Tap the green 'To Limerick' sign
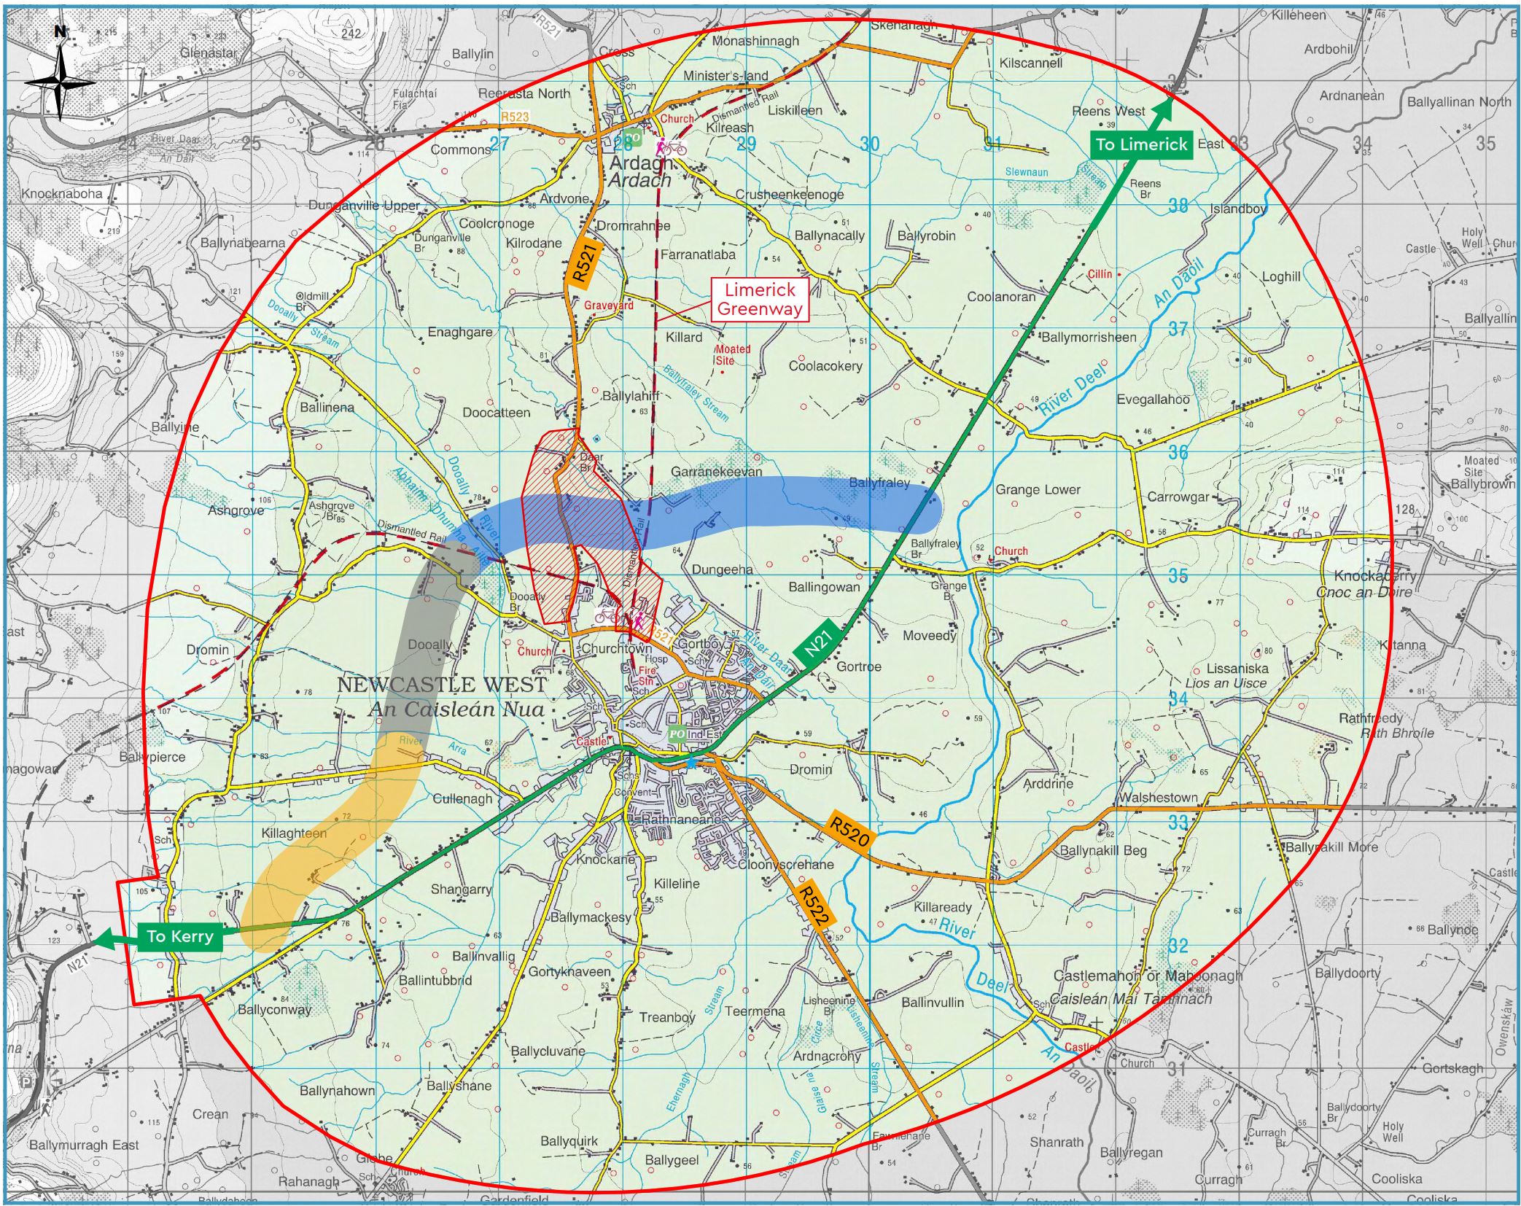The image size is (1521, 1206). [1142, 144]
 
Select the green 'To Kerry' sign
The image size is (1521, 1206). [179, 936]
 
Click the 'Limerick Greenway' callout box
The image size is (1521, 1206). [759, 300]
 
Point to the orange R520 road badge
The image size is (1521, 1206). [849, 832]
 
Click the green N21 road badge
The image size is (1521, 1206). [818, 642]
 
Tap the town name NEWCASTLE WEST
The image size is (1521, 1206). [442, 685]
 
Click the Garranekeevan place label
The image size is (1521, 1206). [716, 472]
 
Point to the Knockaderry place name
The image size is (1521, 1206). [1375, 575]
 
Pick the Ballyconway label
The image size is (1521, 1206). [274, 1010]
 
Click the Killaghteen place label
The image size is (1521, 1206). [294, 833]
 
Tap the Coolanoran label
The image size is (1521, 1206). [1000, 297]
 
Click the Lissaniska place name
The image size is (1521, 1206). [1237, 668]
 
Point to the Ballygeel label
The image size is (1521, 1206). [671, 1160]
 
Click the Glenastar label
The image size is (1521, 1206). [209, 52]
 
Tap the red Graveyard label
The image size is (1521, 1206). [608, 306]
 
